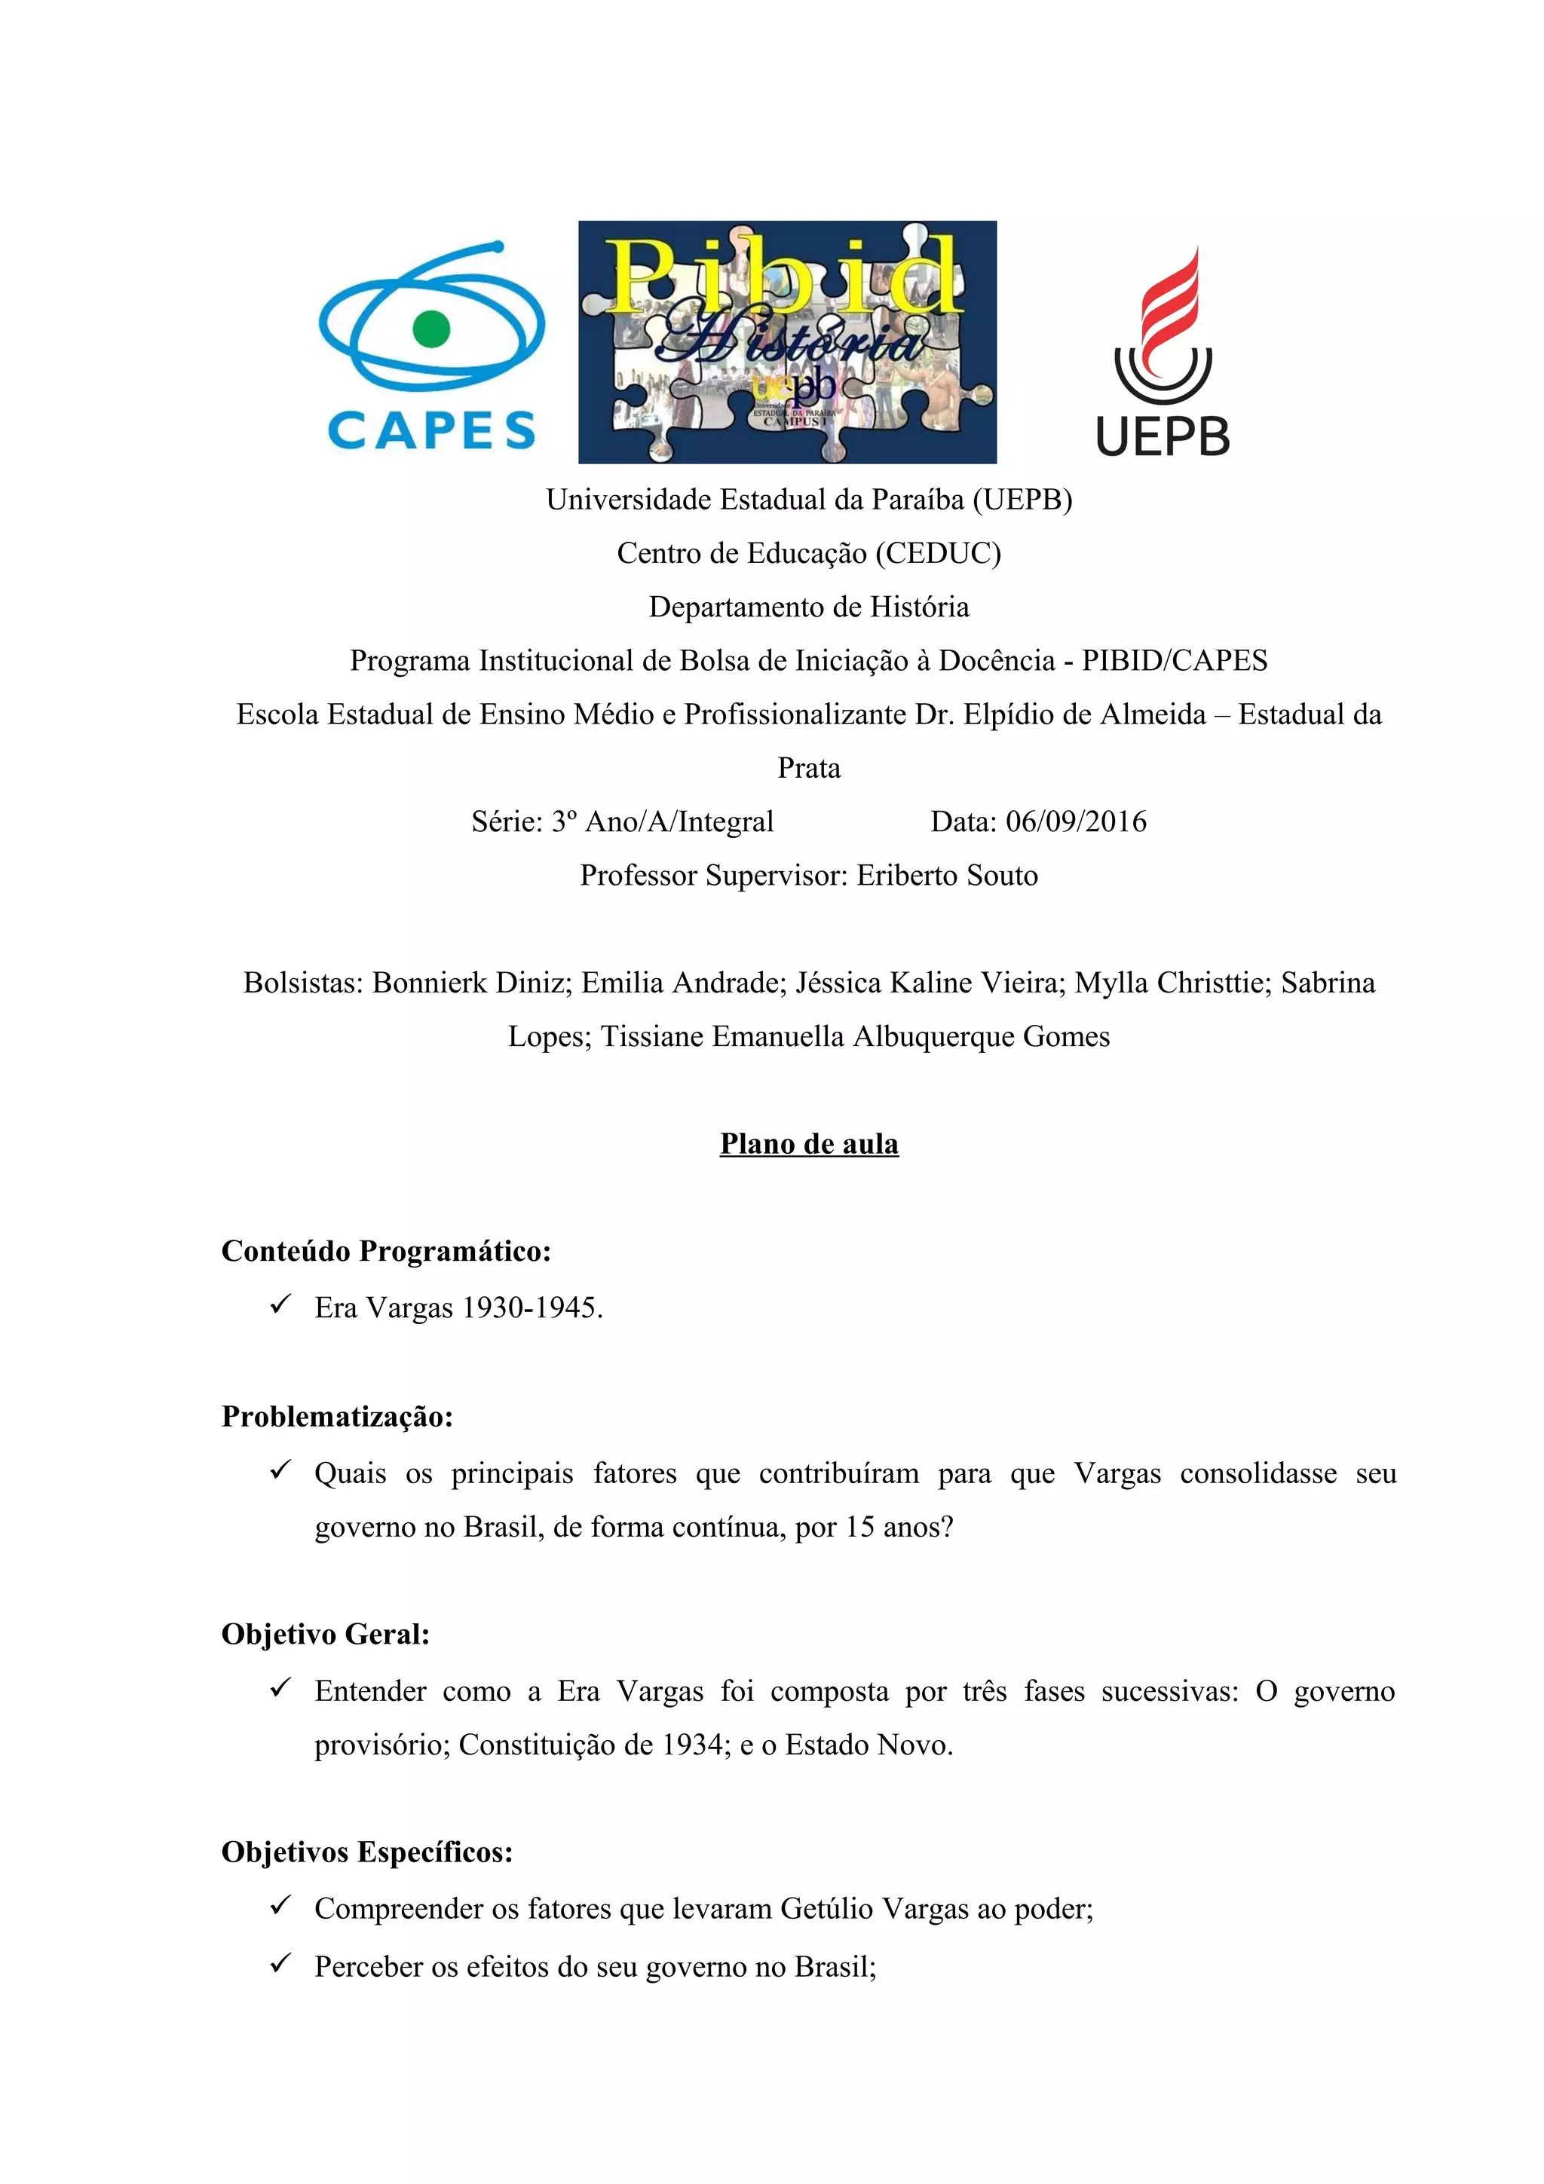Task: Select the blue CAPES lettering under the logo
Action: [x=431, y=430]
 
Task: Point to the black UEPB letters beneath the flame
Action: [x=1163, y=436]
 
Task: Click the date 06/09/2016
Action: [x=1076, y=822]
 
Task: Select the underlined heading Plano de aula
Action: [x=809, y=1143]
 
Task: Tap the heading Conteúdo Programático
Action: [x=386, y=1251]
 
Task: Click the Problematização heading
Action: [x=337, y=1416]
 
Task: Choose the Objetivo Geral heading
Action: [x=326, y=1634]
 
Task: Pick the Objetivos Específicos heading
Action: [x=367, y=1852]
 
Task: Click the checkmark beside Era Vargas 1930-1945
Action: [x=280, y=1305]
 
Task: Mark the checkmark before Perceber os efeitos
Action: [x=280, y=1963]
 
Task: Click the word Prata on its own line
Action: [x=809, y=768]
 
